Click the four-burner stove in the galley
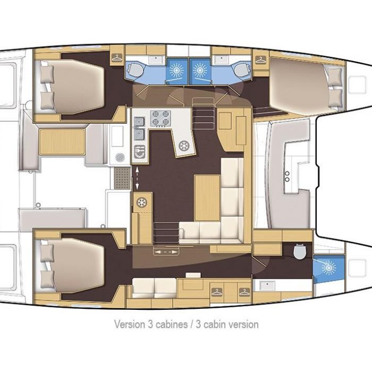(x=161, y=117)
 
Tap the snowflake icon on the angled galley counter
(x=184, y=146)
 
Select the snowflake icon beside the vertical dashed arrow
(x=142, y=202)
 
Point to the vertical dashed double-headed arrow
(x=137, y=178)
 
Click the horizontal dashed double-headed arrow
(x=166, y=252)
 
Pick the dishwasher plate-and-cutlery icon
(x=140, y=151)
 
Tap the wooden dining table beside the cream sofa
(x=207, y=198)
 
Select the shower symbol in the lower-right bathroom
(x=329, y=268)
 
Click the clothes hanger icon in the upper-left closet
(x=117, y=57)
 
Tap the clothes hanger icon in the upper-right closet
(x=260, y=60)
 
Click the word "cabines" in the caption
(x=171, y=324)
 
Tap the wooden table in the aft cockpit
(x=62, y=142)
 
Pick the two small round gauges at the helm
(x=287, y=176)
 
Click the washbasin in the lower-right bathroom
(x=267, y=285)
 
